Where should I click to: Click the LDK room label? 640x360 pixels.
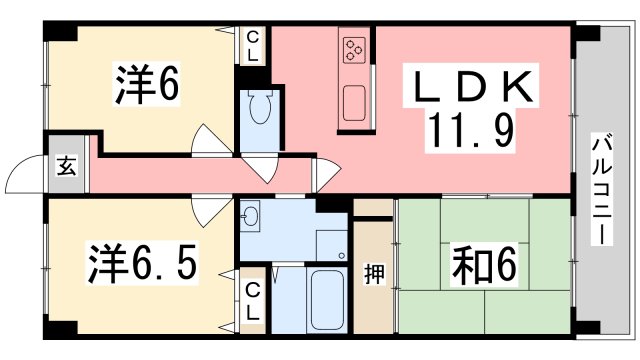tap(473, 87)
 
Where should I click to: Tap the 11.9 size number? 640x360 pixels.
tap(470, 131)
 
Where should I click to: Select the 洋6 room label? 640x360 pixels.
tap(147, 84)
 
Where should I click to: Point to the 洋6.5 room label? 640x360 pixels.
tap(142, 264)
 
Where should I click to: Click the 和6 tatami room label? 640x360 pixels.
tap(484, 265)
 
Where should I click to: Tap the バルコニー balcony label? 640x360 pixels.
tap(602, 191)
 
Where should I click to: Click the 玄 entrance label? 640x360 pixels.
tap(67, 166)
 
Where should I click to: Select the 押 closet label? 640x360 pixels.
tap(374, 274)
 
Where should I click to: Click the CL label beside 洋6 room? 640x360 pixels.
tap(253, 47)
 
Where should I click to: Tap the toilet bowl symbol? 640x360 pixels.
tap(260, 106)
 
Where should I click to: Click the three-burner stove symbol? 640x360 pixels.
tap(353, 50)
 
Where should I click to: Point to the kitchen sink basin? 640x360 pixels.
tap(354, 103)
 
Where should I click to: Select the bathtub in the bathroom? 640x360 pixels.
tap(327, 300)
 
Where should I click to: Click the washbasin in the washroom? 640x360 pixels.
tap(249, 215)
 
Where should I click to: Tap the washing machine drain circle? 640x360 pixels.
tap(342, 256)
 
